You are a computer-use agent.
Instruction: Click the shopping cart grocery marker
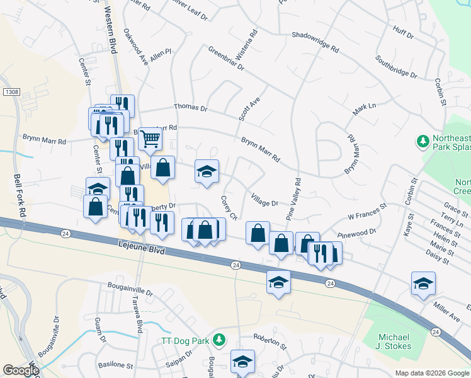coord(150,137)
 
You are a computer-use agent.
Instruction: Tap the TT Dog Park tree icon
coord(219,340)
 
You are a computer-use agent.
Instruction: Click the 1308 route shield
coord(11,92)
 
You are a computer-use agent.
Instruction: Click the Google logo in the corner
coord(21,370)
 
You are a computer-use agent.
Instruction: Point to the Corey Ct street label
coord(228,207)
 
